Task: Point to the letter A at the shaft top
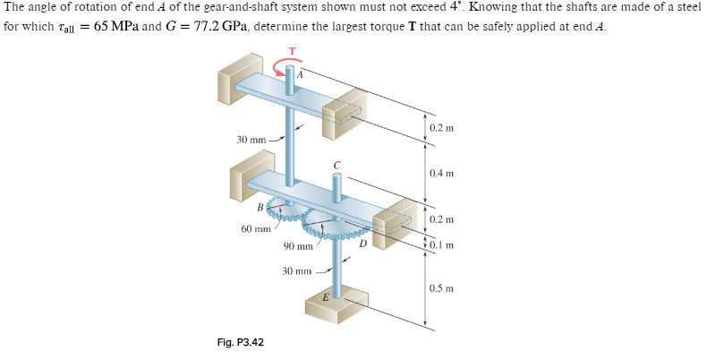pos(302,74)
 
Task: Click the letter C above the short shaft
pos(337,165)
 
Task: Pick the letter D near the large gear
pos(362,242)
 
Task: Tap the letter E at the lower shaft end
pos(326,296)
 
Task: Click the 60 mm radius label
pos(255,229)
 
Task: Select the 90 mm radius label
pos(298,246)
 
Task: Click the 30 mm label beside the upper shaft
pos(251,140)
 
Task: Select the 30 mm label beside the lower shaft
pos(297,270)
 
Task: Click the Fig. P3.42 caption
pos(240,342)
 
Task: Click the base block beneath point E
pos(336,309)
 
